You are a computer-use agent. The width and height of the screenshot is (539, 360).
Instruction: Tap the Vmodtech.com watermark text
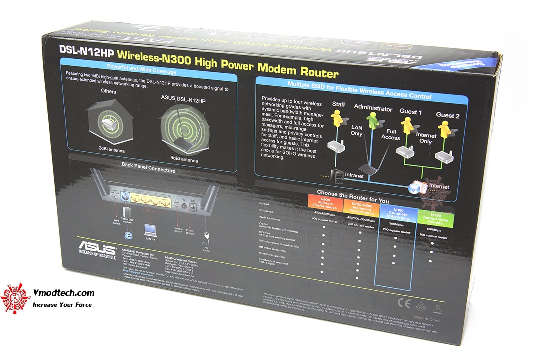click(x=63, y=293)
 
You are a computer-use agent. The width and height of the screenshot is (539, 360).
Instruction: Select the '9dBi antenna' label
click(x=184, y=161)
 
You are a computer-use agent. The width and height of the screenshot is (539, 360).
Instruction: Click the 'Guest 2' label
click(x=447, y=115)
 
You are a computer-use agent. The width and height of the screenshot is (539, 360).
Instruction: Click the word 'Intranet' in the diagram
click(x=355, y=176)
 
